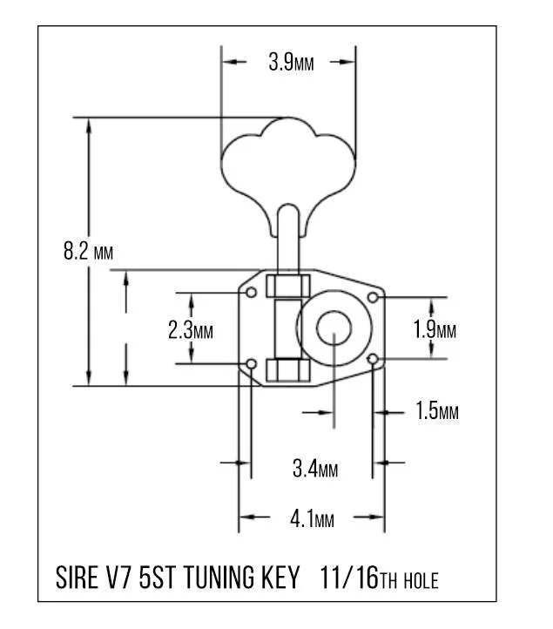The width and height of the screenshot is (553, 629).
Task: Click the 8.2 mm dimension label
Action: pos(88,253)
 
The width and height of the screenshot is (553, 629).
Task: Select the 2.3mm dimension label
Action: pos(190,330)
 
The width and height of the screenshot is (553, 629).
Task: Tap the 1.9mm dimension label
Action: pos(435,330)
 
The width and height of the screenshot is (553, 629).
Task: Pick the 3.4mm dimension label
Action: pos(314,470)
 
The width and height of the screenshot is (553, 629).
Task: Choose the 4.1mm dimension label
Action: pos(312,519)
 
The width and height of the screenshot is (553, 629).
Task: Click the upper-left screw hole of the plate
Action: pos(252,292)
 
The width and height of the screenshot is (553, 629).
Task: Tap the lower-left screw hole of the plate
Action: pos(252,362)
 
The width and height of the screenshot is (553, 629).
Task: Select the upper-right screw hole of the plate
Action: pos(373,299)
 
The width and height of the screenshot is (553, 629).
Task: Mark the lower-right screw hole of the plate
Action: pos(374,359)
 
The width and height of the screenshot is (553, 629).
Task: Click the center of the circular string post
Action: pos(334,328)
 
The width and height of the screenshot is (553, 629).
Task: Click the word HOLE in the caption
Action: pos(420,580)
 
